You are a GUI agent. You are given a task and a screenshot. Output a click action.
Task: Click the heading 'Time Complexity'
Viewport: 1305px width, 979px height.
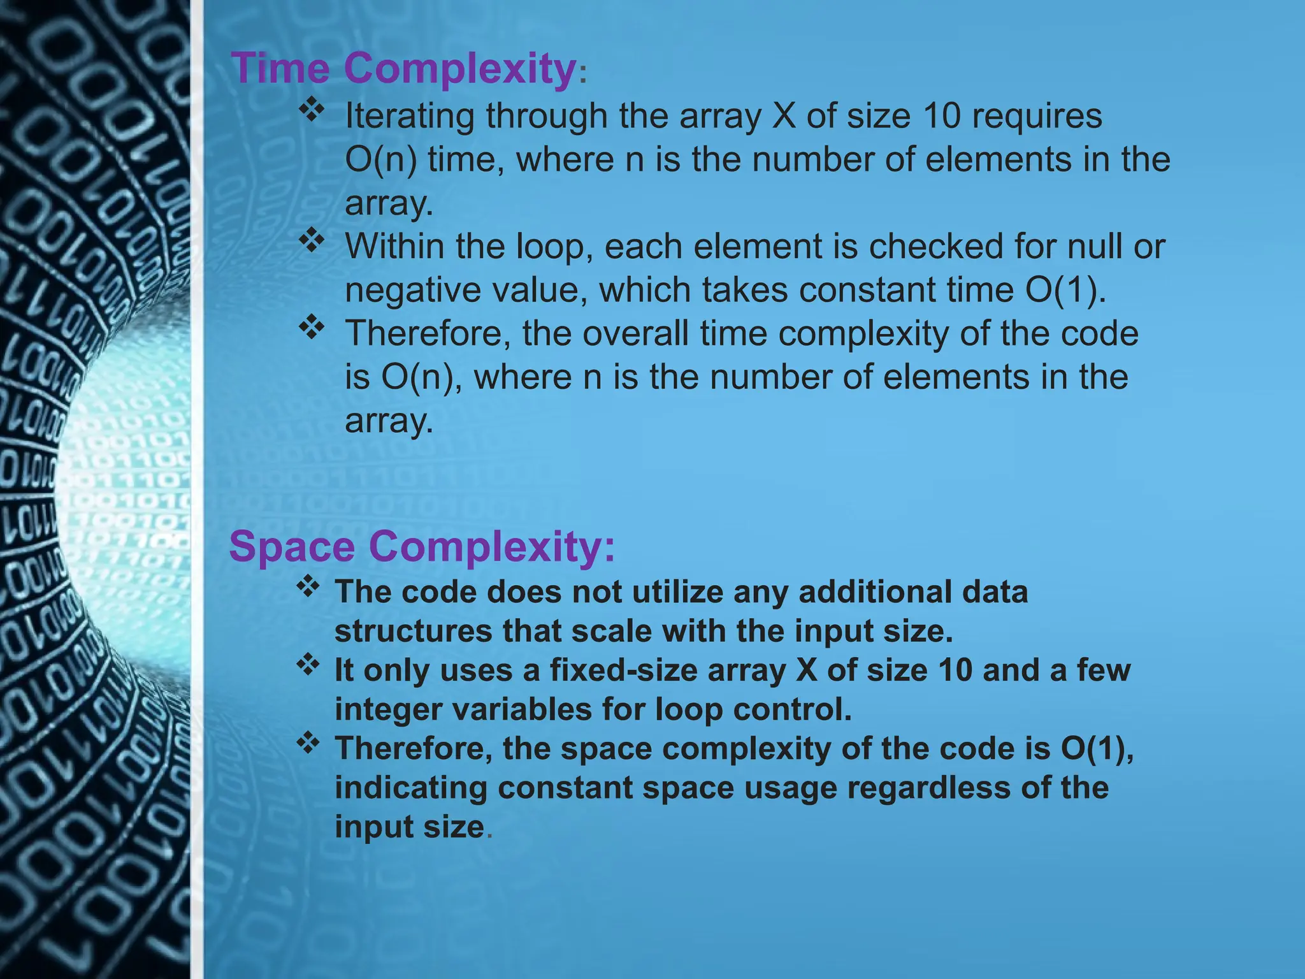point(403,68)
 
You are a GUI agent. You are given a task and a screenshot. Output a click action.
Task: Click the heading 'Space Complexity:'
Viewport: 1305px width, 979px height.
point(422,547)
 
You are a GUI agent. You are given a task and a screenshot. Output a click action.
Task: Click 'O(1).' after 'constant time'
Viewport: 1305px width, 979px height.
point(1065,290)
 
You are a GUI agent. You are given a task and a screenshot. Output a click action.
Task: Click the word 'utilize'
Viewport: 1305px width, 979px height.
point(677,592)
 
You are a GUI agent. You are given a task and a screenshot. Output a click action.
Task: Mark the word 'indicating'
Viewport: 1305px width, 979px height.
point(410,788)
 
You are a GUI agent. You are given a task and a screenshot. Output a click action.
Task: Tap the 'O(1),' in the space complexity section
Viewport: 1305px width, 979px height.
point(1097,749)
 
